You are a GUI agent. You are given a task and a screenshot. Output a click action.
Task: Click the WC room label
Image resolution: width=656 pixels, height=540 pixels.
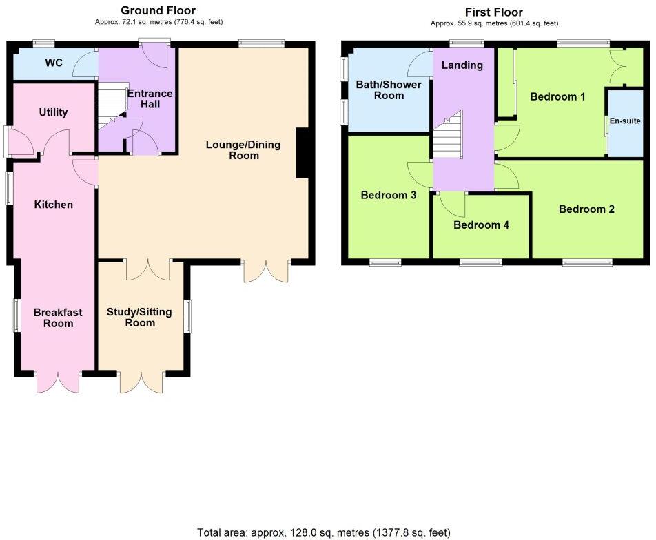[x=54, y=63]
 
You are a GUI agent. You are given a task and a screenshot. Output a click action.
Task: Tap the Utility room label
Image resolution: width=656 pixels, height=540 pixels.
[x=53, y=112]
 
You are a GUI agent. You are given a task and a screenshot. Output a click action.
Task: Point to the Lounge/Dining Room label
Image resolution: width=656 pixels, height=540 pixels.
[x=232, y=150]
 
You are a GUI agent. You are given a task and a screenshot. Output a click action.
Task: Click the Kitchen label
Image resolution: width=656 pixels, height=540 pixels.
[x=54, y=205]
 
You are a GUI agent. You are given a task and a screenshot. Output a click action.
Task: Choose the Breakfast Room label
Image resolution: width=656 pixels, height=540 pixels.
[x=58, y=318]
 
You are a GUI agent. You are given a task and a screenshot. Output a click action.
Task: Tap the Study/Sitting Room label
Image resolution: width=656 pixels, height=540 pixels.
[x=140, y=318]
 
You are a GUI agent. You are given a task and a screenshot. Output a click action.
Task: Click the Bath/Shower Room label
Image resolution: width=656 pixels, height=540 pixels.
[x=389, y=90]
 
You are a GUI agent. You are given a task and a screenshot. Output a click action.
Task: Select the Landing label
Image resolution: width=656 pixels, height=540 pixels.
[x=462, y=65]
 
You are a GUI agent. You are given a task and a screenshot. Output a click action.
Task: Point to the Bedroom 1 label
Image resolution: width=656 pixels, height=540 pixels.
[x=557, y=96]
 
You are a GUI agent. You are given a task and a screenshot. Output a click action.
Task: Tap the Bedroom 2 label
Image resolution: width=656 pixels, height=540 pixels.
[x=586, y=209]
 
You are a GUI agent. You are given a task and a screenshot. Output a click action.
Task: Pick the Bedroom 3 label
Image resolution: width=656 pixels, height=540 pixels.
[x=389, y=195]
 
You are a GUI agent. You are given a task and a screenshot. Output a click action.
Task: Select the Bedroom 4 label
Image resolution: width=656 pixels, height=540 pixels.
[x=481, y=225]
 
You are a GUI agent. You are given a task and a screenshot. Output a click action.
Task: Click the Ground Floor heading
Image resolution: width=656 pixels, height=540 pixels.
[x=158, y=10]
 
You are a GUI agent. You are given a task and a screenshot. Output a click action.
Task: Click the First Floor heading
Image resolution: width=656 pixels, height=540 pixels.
[x=494, y=12]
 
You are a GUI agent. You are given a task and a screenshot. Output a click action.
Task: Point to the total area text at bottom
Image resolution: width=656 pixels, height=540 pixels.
[x=324, y=532]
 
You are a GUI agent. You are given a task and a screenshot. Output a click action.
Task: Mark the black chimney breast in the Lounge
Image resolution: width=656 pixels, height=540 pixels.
[x=302, y=153]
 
